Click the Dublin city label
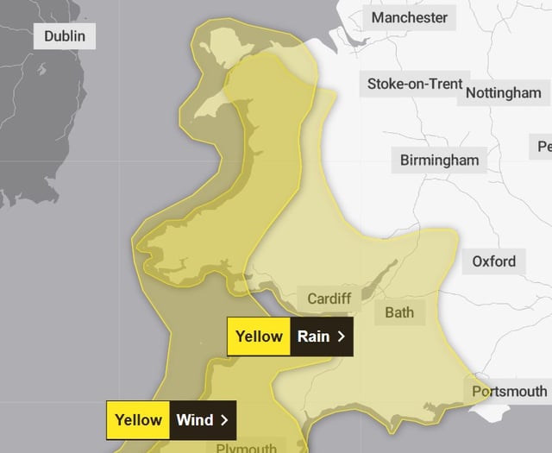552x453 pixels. tap(64, 36)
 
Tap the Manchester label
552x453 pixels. tap(409, 17)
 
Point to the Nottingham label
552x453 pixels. tap(504, 92)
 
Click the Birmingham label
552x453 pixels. tap(439, 160)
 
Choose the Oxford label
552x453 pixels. tap(493, 261)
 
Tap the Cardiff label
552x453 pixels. tap(329, 299)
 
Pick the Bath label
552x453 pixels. tap(399, 312)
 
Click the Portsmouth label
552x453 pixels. tap(509, 391)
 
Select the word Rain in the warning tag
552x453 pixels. tap(313, 337)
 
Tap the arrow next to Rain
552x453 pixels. tap(342, 337)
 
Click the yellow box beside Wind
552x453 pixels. tap(138, 420)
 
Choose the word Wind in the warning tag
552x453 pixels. tap(196, 420)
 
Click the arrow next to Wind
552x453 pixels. tap(224, 420)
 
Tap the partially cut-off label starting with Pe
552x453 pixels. tap(543, 147)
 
